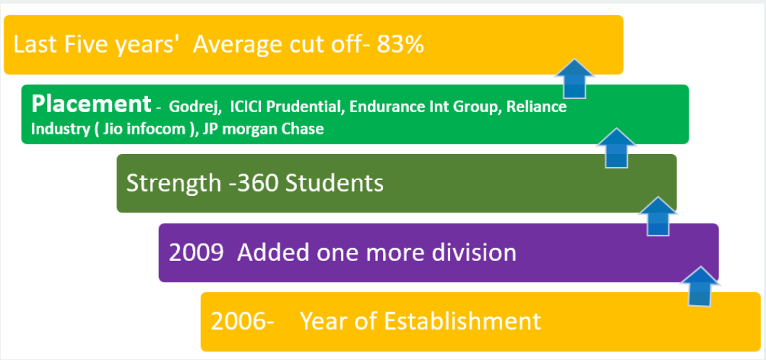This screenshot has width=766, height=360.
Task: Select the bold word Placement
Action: click(x=91, y=103)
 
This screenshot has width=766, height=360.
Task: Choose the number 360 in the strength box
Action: click(x=254, y=184)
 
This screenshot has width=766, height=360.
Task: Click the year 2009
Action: click(x=197, y=253)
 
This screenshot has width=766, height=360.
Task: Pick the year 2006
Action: click(x=238, y=322)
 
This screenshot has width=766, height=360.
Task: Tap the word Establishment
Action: click(x=462, y=322)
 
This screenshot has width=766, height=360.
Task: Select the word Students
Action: click(x=335, y=184)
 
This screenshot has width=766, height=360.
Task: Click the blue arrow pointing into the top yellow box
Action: click(x=574, y=79)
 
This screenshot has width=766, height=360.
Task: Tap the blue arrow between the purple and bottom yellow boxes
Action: click(x=700, y=286)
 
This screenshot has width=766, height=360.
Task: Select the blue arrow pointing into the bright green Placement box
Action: click(x=616, y=148)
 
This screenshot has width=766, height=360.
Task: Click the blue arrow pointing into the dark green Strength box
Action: click(x=658, y=216)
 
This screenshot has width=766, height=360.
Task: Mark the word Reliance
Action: click(x=536, y=107)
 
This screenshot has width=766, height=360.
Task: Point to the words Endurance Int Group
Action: click(x=424, y=107)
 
